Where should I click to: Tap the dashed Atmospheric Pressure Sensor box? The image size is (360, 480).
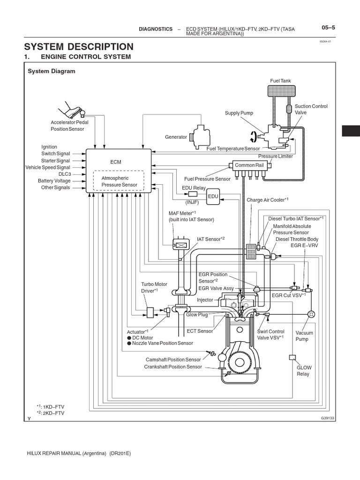[118, 181]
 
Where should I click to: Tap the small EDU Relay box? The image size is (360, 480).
[193, 194]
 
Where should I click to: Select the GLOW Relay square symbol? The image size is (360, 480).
[292, 358]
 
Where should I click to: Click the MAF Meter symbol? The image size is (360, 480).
[180, 244]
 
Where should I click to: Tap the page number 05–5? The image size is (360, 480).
[328, 28]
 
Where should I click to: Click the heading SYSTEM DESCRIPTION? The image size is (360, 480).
[79, 46]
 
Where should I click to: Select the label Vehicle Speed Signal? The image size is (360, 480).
[48, 167]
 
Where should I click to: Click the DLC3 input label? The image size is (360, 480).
[63, 174]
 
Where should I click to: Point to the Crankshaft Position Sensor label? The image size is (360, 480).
[173, 367]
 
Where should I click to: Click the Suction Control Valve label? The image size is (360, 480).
[305, 110]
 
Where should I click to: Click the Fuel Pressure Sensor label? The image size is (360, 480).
[208, 179]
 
